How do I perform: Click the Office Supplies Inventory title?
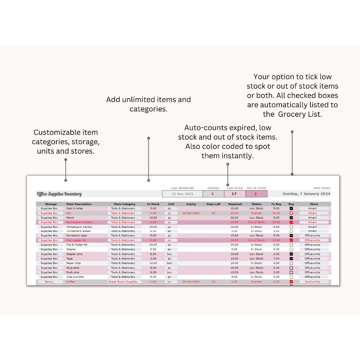[59, 194]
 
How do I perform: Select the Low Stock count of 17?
[234, 194]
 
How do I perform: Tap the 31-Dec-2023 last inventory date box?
[182, 194]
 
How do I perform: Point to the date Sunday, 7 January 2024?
[306, 194]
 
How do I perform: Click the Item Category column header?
[124, 204]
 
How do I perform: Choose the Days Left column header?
[213, 204]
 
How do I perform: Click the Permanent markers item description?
[79, 222]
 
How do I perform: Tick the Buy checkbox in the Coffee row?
[291, 282]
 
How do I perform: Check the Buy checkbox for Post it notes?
[291, 208]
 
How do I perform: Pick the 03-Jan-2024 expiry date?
[191, 213]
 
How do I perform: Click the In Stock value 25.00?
[153, 245]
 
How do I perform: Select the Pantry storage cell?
[49, 282]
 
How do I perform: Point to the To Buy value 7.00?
[276, 258]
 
